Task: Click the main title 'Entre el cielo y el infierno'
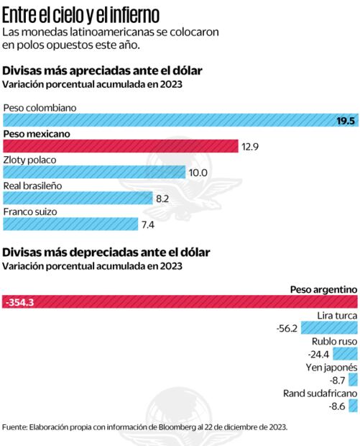pos(82,14)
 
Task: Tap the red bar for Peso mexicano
pos(120,146)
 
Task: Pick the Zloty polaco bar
pos(93,172)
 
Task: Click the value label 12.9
pos(250,147)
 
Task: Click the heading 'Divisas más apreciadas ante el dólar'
pos(103,70)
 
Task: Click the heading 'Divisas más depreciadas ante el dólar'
pos(107,252)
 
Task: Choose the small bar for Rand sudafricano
pos(353,406)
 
